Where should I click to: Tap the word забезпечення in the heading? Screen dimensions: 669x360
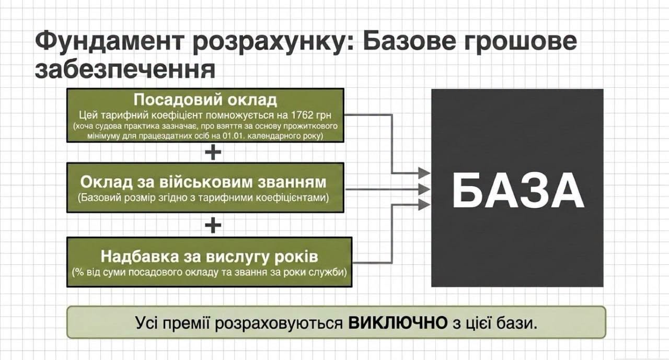tap(125, 71)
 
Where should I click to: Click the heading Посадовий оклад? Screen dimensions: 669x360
tap(205, 100)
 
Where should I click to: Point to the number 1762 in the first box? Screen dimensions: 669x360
tap(302, 115)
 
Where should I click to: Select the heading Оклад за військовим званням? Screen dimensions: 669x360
tap(203, 182)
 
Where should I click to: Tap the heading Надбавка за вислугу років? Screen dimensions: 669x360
tap(210, 257)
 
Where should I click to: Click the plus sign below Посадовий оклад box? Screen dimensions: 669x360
tap(213, 153)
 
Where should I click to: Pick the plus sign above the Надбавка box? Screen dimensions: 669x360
tap(213, 225)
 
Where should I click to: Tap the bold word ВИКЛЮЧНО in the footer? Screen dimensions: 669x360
tap(398, 323)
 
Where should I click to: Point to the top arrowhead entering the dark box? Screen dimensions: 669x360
tap(424, 173)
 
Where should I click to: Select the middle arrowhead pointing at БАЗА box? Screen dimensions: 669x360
tap(424, 189)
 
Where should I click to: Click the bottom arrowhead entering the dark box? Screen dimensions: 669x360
tap(424, 205)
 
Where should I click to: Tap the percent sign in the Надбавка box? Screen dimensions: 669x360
tap(79, 272)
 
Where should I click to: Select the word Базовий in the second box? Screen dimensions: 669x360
tap(98, 198)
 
